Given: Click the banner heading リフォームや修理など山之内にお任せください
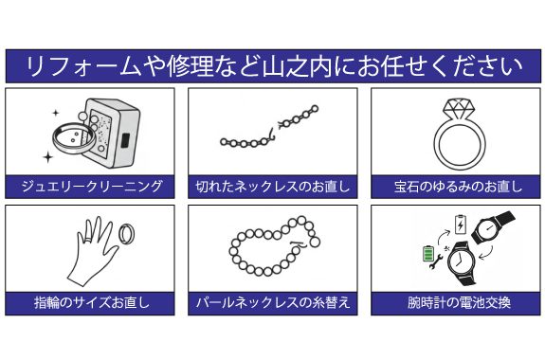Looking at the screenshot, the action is (274, 66).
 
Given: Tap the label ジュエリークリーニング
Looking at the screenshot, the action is (91, 187).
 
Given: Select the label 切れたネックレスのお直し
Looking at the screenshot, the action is (273, 187).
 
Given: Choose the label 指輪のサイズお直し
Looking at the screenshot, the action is (92, 302).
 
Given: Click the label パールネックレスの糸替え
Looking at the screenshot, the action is (273, 302).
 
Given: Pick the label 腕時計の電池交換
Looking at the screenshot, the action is (459, 302).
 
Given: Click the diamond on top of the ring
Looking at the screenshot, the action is (459, 111).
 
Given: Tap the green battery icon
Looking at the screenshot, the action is (428, 253).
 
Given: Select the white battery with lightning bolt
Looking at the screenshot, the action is (461, 225).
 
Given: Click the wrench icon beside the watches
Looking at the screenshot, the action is (436, 261).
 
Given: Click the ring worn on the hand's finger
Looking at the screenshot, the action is (88, 240).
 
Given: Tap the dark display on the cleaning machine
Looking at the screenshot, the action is (125, 141).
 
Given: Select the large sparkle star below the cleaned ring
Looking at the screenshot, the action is (48, 157).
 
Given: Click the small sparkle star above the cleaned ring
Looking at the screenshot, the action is (56, 113).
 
